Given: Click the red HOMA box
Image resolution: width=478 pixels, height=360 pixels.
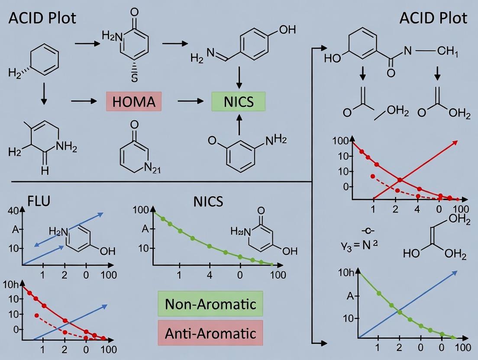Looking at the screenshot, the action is (x=133, y=102).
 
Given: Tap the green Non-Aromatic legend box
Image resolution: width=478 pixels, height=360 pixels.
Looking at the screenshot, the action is (x=210, y=304).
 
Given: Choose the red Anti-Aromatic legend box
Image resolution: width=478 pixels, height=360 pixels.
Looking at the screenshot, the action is (x=210, y=333).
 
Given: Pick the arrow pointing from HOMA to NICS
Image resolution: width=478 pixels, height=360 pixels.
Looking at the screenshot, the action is (x=190, y=101).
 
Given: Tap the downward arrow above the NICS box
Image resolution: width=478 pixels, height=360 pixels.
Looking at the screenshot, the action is (x=238, y=78).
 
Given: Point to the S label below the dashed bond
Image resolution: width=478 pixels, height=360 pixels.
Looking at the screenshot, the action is (x=134, y=78).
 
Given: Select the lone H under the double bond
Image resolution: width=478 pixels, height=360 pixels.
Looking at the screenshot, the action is (x=45, y=171).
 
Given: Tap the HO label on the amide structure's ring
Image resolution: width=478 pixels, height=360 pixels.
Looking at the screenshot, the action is (x=333, y=59).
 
